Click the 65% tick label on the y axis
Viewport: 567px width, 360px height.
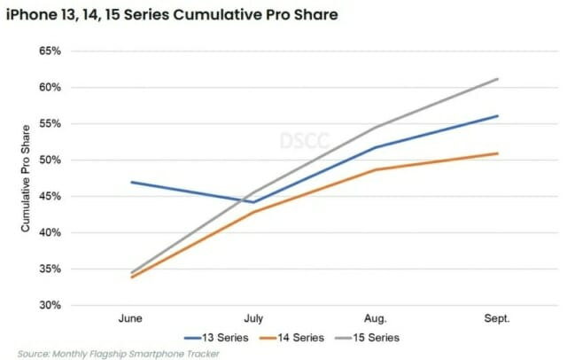(x=49, y=51)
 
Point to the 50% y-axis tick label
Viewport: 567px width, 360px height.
(x=49, y=160)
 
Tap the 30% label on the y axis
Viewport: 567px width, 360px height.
(x=49, y=305)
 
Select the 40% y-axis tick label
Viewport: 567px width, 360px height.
(x=49, y=233)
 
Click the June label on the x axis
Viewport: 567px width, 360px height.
(x=131, y=317)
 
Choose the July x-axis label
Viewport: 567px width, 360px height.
(x=253, y=317)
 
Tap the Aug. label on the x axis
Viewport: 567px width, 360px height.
(x=376, y=317)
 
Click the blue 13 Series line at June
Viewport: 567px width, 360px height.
(x=131, y=182)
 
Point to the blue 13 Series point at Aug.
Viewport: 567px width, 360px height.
(x=376, y=147)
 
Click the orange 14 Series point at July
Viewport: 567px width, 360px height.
(x=253, y=212)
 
